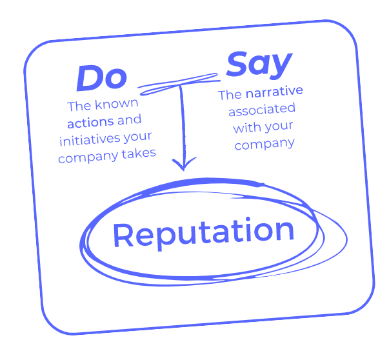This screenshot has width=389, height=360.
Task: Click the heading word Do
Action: point(101,79)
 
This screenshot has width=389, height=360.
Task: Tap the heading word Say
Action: point(259,65)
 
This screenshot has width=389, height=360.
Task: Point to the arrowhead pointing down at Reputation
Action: point(185,165)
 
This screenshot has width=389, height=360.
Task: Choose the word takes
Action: point(141,153)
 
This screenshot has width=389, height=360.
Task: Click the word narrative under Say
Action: point(274,92)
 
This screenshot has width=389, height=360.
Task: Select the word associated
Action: point(261,110)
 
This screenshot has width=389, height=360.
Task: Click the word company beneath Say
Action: point(264,145)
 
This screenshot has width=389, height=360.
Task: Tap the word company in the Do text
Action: point(89,157)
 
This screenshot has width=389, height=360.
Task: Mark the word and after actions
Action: point(129,120)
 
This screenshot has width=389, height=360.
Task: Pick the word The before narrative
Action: point(230,95)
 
